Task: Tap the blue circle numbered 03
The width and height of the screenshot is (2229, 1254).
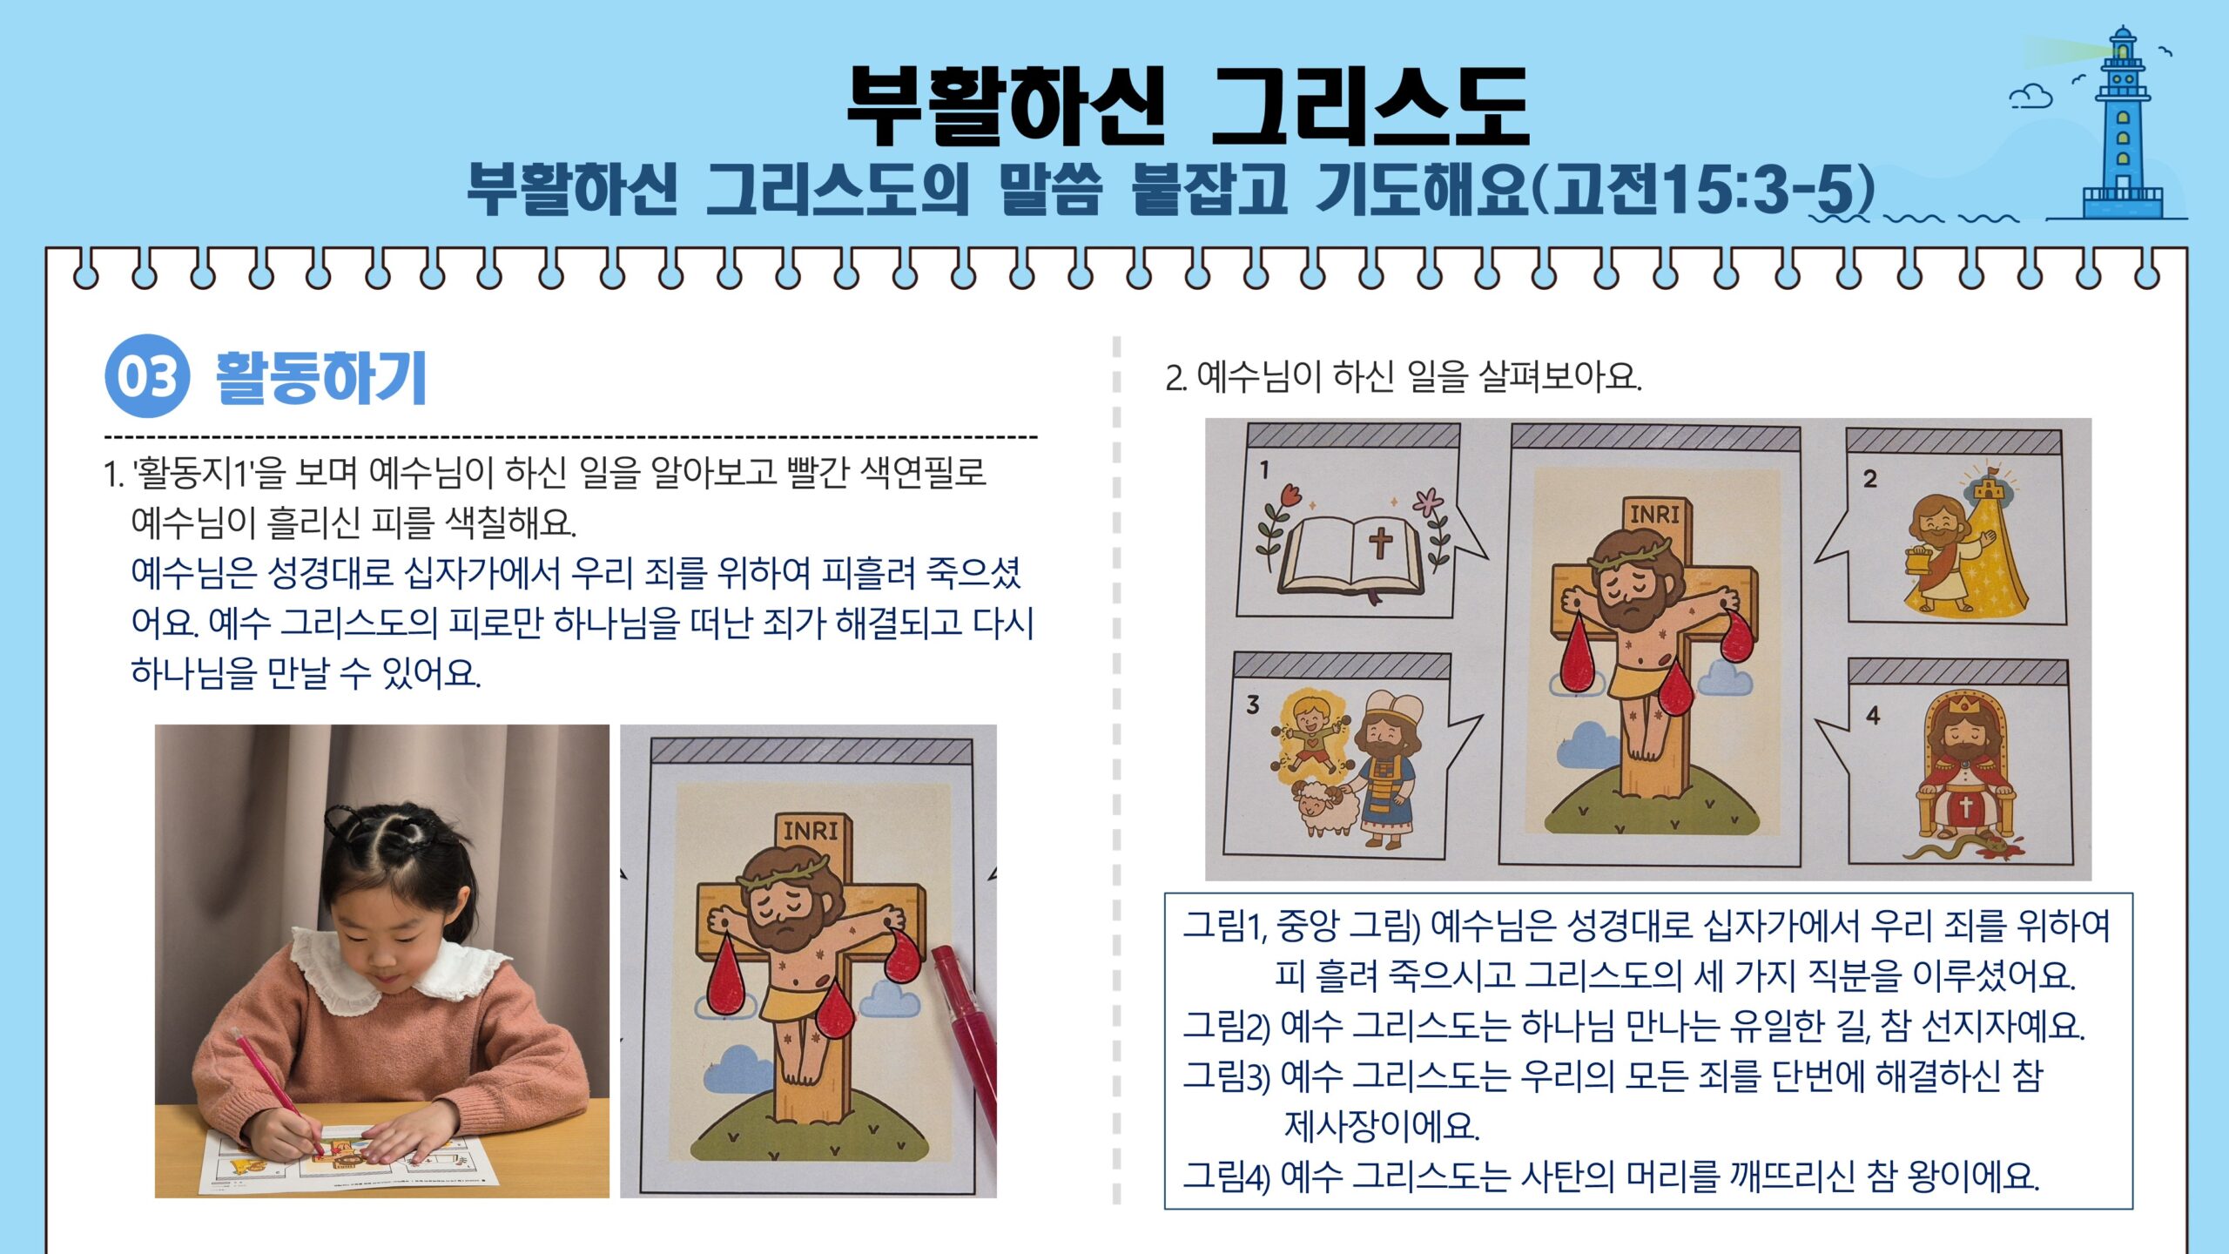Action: pos(147,376)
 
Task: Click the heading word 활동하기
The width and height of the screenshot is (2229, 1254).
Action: pos(320,377)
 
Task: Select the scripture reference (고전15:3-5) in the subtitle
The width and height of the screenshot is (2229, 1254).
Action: pos(1702,189)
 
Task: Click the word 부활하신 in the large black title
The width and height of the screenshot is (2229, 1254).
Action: pos(1006,106)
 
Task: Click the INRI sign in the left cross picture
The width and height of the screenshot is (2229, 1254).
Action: pos(811,830)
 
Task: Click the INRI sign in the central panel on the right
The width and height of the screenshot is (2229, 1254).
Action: pos(1654,514)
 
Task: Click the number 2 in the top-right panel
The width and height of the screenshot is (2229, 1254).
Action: pos(1870,478)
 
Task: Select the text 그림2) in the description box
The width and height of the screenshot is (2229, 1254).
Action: pos(1226,1026)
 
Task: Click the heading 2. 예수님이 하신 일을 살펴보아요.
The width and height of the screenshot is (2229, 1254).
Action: pos(1404,377)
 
